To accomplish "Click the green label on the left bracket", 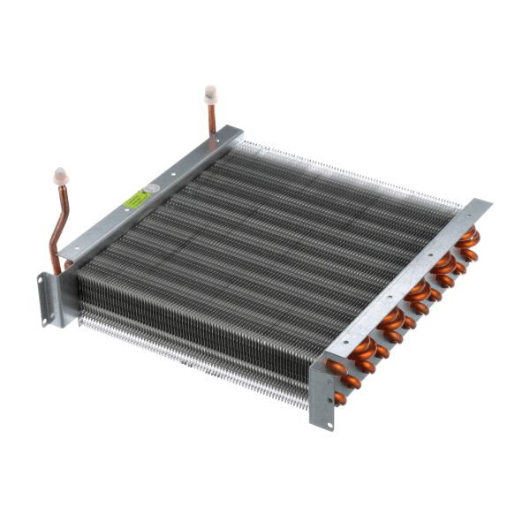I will tap(134, 201).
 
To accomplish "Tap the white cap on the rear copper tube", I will tap(210, 91).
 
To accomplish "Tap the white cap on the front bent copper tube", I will tap(61, 175).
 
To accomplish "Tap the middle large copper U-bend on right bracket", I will tap(418, 291).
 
